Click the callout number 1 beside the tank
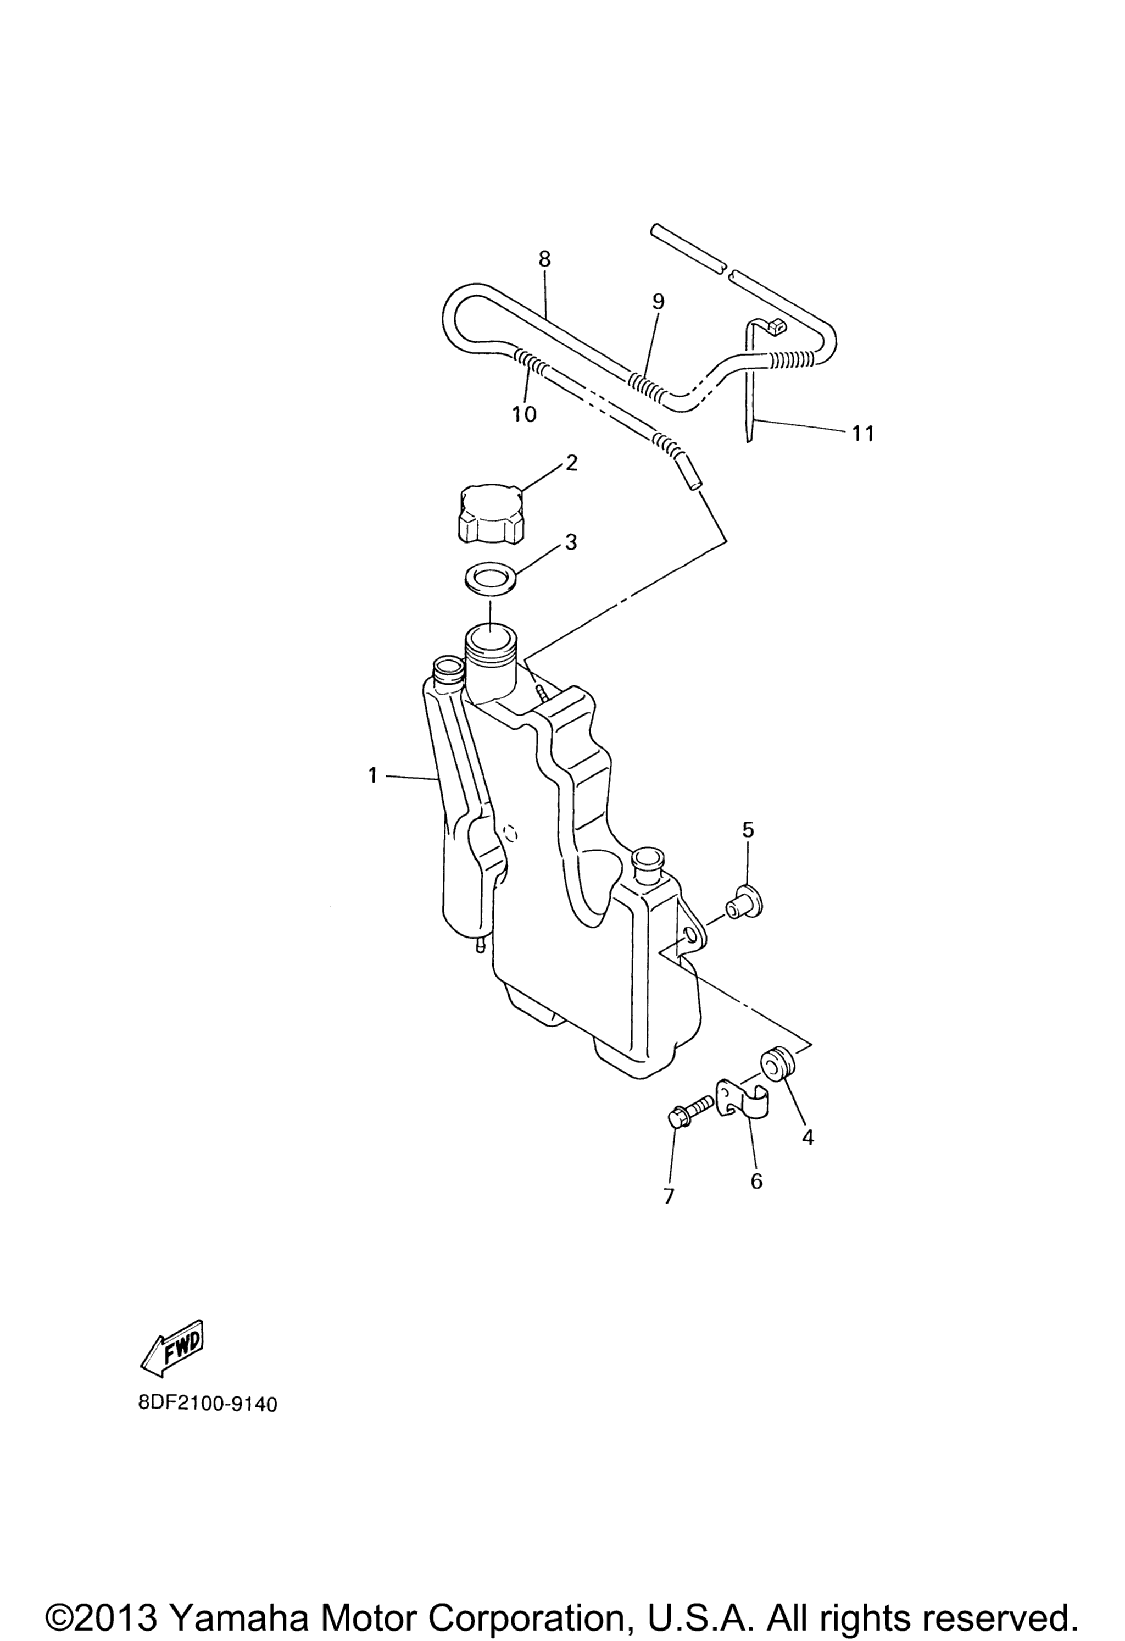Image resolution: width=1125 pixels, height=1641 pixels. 372,776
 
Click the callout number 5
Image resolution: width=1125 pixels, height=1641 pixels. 748,830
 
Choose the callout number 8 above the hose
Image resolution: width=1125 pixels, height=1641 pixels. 544,259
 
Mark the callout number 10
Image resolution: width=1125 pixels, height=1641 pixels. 525,414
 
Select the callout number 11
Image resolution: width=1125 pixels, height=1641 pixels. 862,433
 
